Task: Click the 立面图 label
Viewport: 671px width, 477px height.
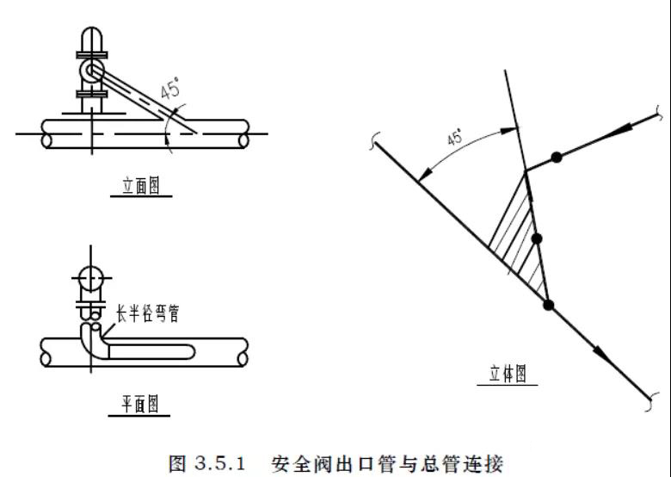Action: tap(140, 186)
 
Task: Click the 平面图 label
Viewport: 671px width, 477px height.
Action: tap(139, 403)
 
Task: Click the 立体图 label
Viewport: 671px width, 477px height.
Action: tap(508, 374)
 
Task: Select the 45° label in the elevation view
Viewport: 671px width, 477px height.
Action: tap(173, 90)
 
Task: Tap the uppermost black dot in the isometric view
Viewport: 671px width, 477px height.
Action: tap(557, 157)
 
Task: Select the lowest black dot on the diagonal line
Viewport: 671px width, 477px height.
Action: tap(548, 304)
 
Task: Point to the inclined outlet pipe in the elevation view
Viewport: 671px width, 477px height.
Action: tap(142, 98)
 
